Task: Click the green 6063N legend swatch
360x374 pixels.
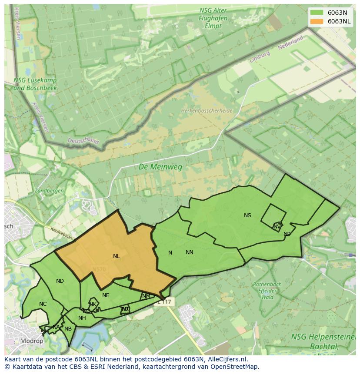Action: coord(316,12)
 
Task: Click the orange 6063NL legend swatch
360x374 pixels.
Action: coord(316,21)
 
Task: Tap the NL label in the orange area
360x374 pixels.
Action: coord(116,256)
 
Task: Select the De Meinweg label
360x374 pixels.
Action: coord(160,167)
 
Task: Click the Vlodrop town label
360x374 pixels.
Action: coord(32,341)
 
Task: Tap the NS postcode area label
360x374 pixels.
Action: coord(247,215)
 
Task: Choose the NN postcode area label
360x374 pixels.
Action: coord(189,252)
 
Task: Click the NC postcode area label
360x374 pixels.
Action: coord(43,304)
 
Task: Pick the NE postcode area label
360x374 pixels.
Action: coord(106,295)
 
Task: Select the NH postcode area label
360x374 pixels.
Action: coord(82,318)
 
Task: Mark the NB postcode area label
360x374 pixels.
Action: coord(68,329)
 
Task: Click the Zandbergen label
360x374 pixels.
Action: coord(49,191)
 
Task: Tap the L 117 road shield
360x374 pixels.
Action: coord(165,301)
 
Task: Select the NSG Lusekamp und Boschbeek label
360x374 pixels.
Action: coord(35,84)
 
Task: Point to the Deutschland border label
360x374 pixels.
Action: coord(83,141)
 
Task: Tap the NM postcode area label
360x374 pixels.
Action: coord(146,296)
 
